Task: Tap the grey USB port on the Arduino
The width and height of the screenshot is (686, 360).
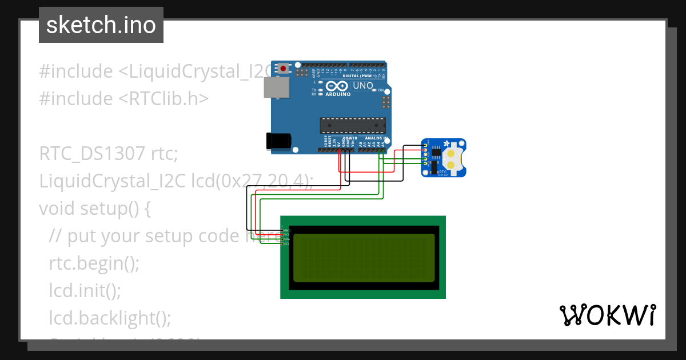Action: pyautogui.click(x=276, y=87)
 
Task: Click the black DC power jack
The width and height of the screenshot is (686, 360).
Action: pyautogui.click(x=278, y=142)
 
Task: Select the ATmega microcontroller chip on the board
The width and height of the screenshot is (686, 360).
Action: pyautogui.click(x=353, y=125)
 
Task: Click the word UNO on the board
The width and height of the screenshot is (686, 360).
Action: pyautogui.click(x=363, y=86)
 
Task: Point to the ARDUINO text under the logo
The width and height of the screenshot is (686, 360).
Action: pyautogui.click(x=338, y=94)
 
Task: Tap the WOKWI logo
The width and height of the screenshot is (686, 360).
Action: pyautogui.click(x=607, y=315)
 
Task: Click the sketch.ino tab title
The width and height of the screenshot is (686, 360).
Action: pyautogui.click(x=101, y=25)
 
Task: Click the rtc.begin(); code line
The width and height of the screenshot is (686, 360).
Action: pyautogui.click(x=94, y=263)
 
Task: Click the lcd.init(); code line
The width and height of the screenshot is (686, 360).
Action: pyautogui.click(x=85, y=290)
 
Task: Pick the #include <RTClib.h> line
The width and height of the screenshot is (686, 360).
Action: pyautogui.click(x=124, y=99)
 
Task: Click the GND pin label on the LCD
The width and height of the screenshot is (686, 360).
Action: pyautogui.click(x=286, y=230)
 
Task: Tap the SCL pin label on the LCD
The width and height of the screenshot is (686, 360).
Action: pyautogui.click(x=286, y=243)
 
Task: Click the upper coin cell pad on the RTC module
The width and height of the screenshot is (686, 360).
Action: pyautogui.click(x=451, y=153)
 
